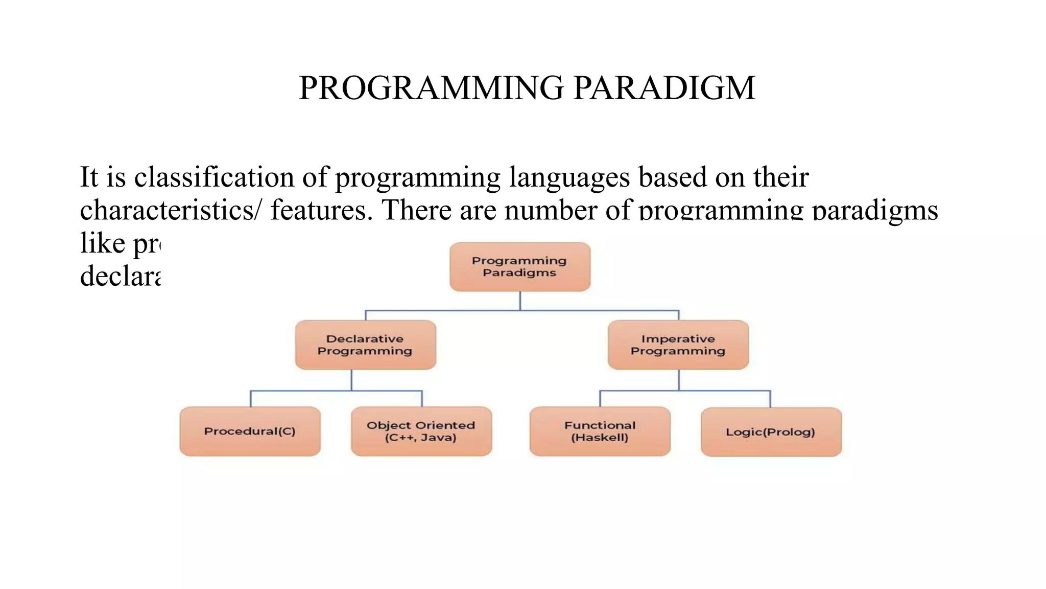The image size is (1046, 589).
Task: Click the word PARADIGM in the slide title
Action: click(x=664, y=87)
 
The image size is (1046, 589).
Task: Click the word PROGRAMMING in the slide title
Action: click(x=431, y=87)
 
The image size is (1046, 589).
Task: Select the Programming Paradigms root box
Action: click(x=520, y=267)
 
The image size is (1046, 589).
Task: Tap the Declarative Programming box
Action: click(x=365, y=345)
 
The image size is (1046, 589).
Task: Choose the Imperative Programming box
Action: click(x=678, y=345)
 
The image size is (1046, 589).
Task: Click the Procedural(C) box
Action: click(x=250, y=431)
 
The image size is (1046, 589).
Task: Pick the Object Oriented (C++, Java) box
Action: click(x=421, y=431)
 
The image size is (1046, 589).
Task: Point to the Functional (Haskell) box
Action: click(x=600, y=431)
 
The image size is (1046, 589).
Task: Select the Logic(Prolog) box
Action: click(x=771, y=432)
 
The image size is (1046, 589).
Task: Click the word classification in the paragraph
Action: click(x=215, y=177)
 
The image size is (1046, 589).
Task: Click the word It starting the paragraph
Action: click(x=89, y=177)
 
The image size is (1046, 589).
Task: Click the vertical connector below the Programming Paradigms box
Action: click(x=520, y=301)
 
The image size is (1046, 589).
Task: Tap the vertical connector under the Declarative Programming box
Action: click(x=351, y=380)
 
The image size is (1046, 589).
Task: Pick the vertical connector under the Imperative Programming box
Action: click(x=679, y=380)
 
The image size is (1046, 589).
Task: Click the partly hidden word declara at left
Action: click(x=121, y=276)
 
